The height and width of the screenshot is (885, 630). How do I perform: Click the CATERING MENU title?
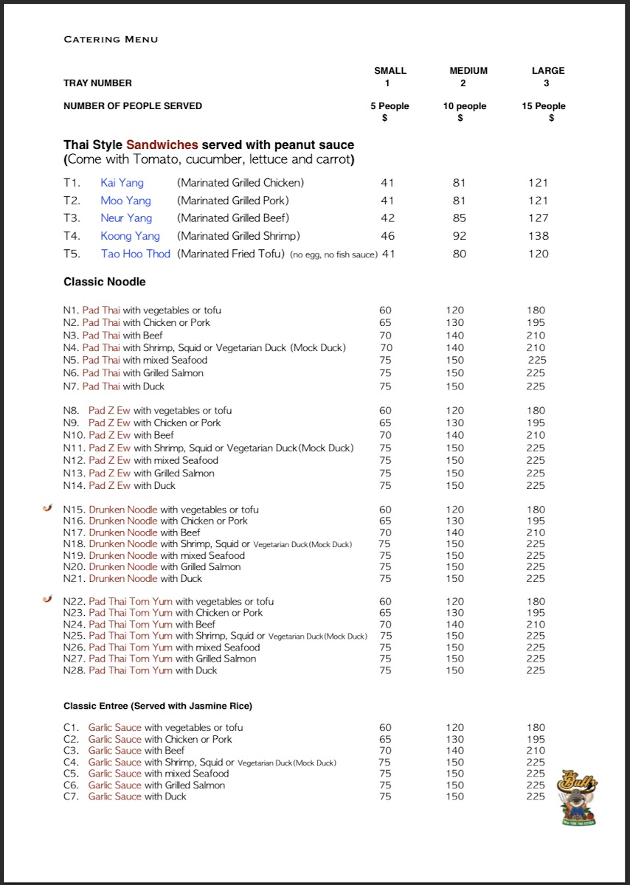click(x=111, y=39)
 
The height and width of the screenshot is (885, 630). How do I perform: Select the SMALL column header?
click(x=390, y=71)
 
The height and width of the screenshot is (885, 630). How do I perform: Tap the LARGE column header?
click(x=548, y=71)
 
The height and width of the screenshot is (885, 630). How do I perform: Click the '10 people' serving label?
click(x=465, y=106)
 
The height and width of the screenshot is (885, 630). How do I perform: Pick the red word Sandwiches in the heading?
click(x=162, y=145)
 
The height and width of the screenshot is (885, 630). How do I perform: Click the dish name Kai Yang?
click(x=122, y=183)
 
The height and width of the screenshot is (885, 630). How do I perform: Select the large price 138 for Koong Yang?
click(x=539, y=236)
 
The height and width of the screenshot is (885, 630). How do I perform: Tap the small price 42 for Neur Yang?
click(x=387, y=218)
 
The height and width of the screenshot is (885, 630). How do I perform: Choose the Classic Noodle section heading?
click(x=105, y=282)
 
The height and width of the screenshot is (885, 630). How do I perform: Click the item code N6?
click(x=71, y=373)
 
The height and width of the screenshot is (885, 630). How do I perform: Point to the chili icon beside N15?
click(x=48, y=509)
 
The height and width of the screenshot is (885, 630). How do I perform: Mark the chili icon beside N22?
click(x=48, y=600)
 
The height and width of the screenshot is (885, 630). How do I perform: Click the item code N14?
click(x=74, y=485)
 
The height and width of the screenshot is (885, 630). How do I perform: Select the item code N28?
click(x=74, y=670)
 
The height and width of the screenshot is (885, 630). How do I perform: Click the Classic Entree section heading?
click(x=158, y=706)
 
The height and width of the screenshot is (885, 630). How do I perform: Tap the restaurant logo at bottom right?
click(x=578, y=797)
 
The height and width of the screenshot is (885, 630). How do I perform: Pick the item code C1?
click(x=71, y=728)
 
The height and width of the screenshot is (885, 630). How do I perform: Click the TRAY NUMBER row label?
click(x=97, y=83)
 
